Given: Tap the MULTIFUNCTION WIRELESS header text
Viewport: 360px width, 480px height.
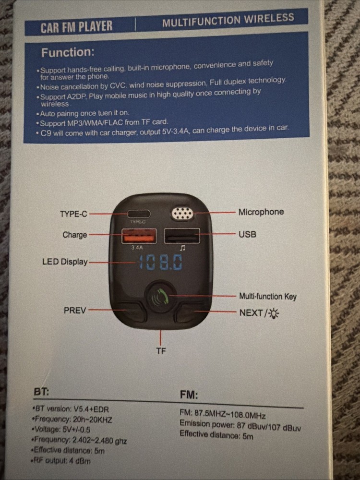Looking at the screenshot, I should (228, 20).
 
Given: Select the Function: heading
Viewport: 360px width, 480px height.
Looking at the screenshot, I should (68, 52).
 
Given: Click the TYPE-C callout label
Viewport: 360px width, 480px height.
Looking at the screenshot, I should (73, 214).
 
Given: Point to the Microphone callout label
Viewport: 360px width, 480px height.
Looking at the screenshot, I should (261, 212).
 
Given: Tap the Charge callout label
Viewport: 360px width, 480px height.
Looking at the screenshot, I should (74, 235).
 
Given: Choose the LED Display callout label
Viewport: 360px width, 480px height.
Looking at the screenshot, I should (65, 262).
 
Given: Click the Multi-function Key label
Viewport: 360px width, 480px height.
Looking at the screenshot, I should (268, 296).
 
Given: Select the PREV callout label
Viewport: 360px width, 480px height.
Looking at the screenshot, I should (75, 310).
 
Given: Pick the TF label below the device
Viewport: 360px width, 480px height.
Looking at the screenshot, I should (161, 351).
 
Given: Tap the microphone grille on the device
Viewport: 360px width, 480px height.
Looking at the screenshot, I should (183, 214).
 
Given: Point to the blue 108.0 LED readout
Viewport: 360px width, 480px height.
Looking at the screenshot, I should (160, 262).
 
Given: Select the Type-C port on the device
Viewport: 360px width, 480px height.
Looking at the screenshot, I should (138, 214).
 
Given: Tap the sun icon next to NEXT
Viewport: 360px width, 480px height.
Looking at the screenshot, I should (275, 313).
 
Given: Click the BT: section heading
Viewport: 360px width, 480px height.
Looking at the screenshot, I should (41, 391).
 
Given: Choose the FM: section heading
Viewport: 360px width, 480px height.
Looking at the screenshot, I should (189, 395).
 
